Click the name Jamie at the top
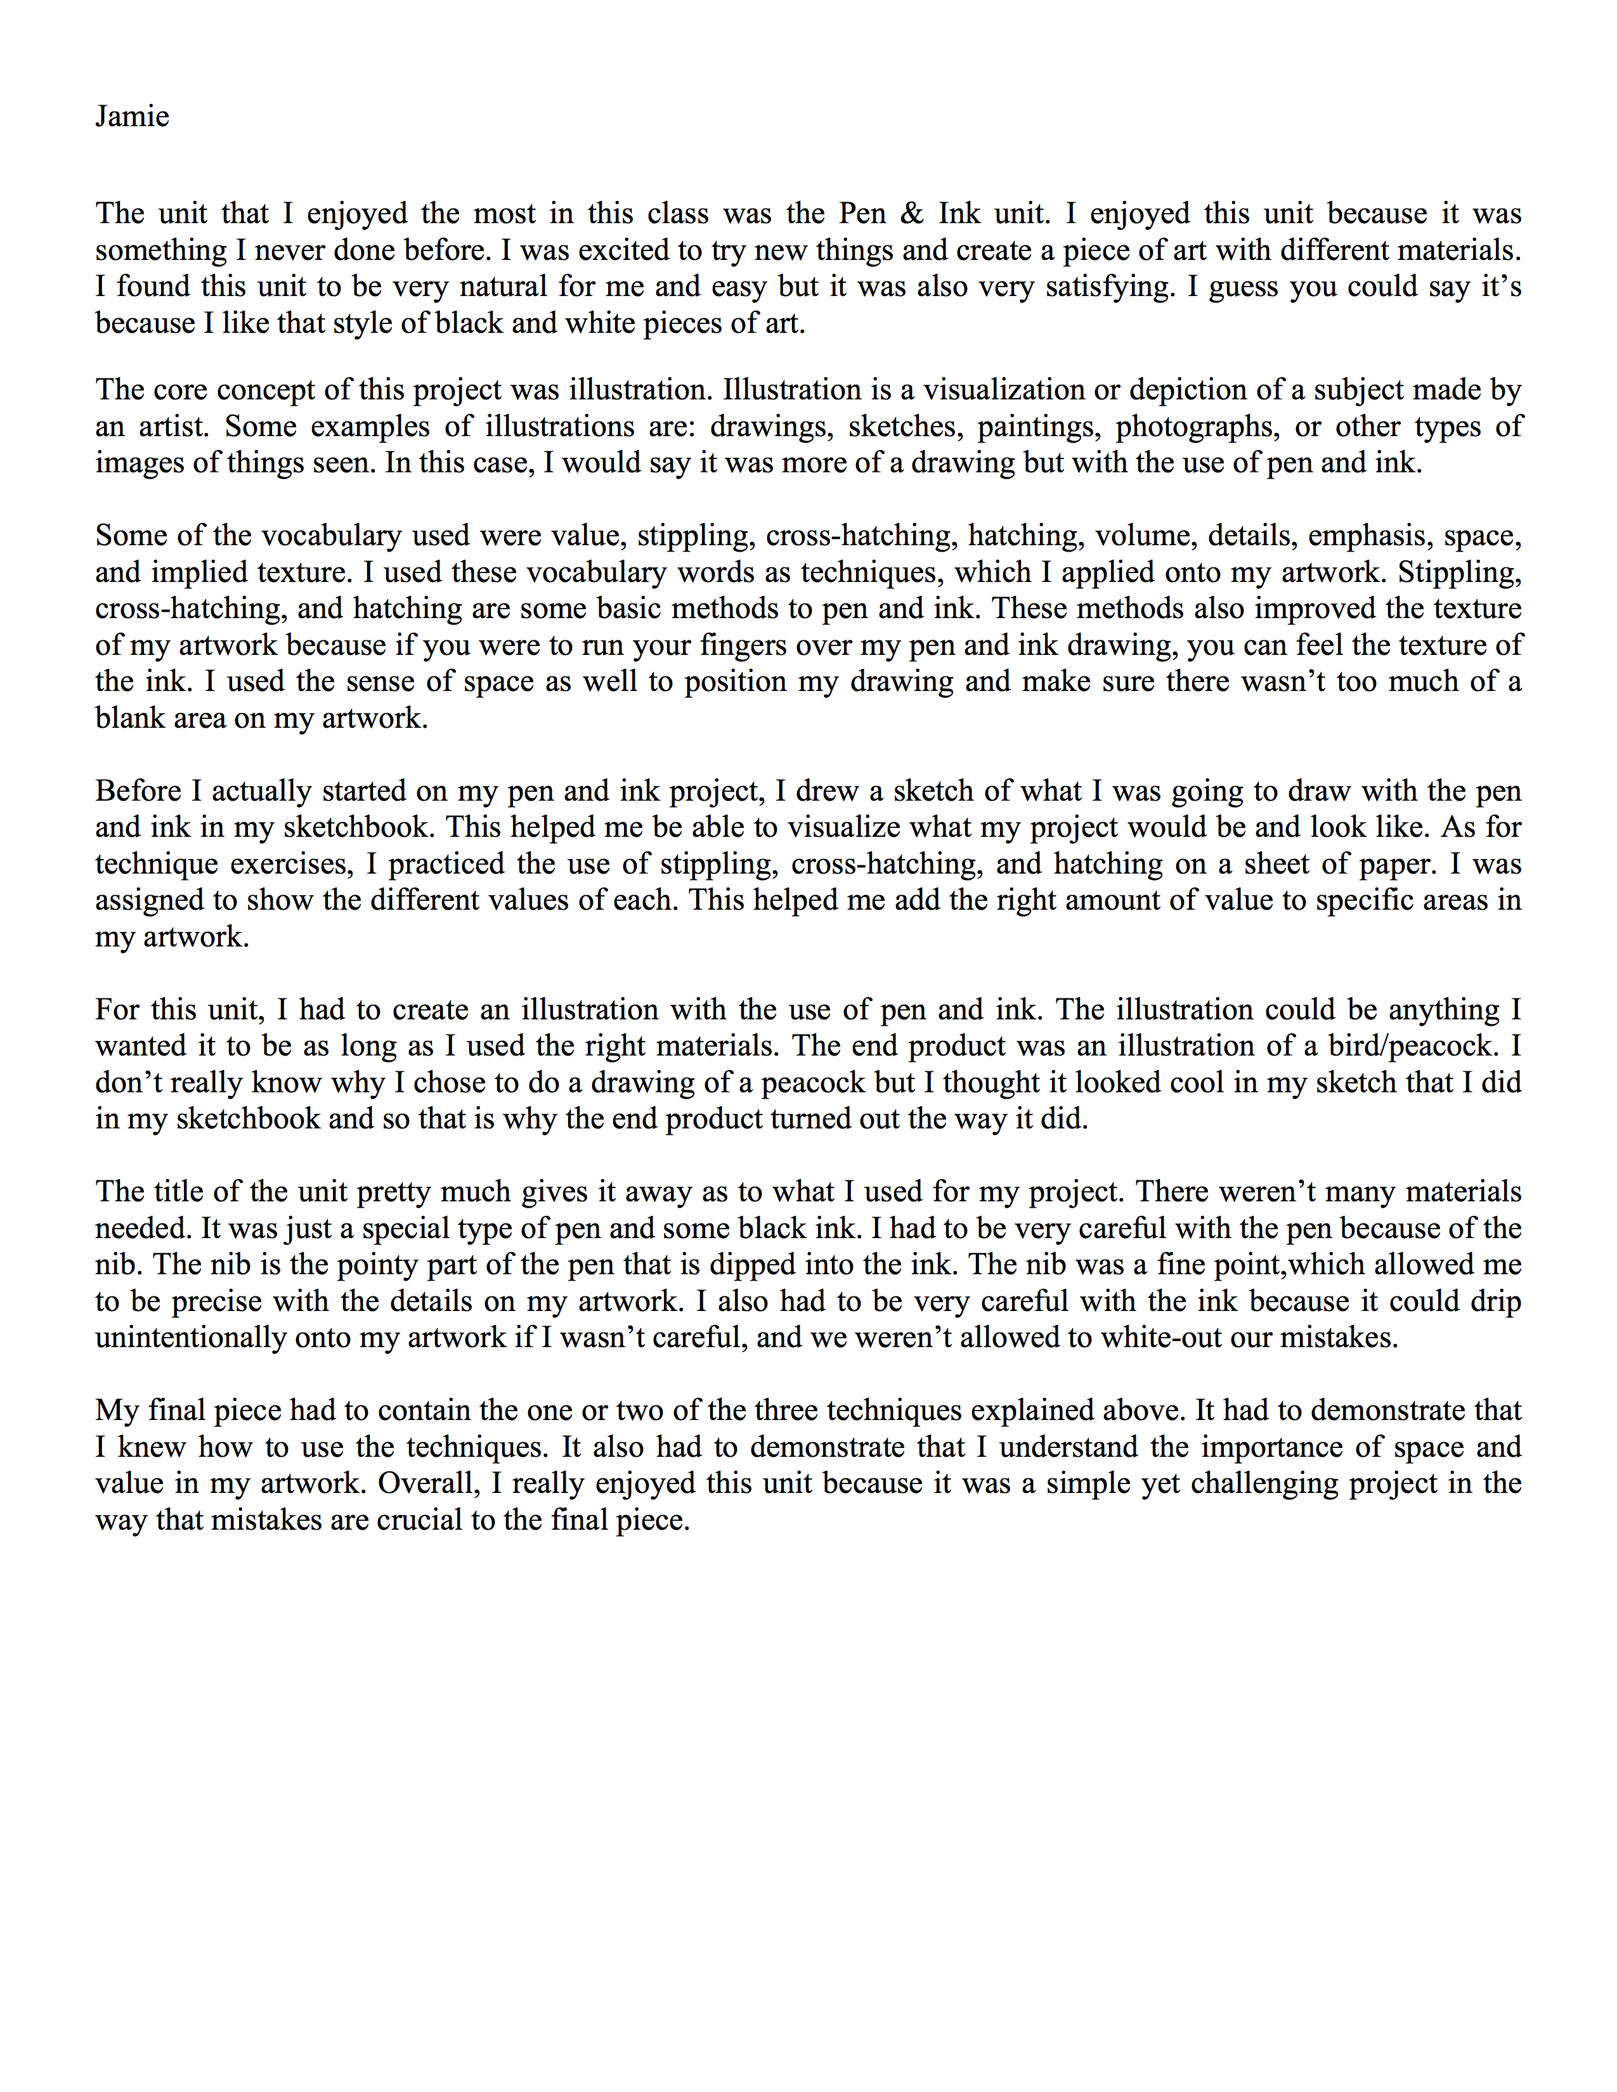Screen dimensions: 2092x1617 132,117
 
